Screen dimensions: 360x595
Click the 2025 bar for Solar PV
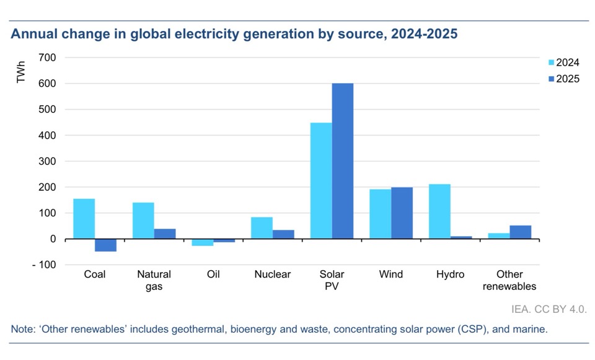point(343,161)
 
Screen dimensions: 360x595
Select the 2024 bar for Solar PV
point(321,181)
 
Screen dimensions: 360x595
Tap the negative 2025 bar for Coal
point(105,245)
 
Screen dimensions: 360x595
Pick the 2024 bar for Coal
point(84,219)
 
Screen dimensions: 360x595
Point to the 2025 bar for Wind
point(402,213)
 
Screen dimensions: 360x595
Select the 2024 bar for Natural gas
point(143,221)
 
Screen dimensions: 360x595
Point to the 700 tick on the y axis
point(47,58)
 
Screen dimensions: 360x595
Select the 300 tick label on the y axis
point(47,161)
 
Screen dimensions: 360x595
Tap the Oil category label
point(213,274)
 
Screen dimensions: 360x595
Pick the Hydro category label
point(450,274)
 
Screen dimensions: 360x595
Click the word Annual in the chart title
point(33,35)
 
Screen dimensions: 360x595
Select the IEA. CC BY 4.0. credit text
point(550,308)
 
